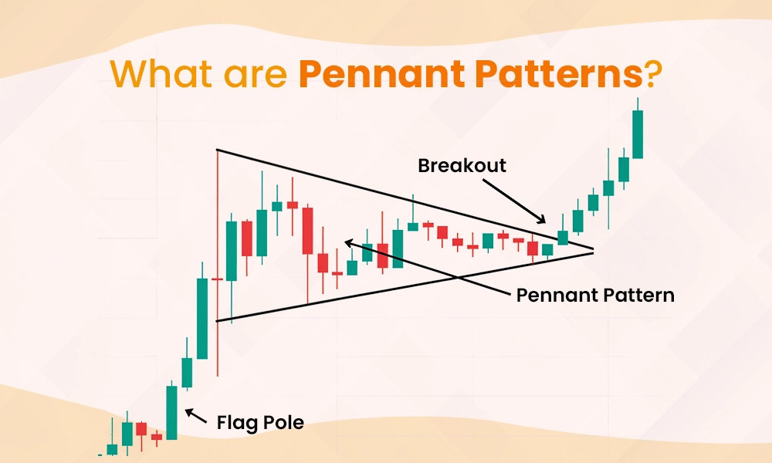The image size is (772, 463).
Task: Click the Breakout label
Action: pos(462,165)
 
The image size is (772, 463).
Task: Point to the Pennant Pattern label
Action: pos(595,295)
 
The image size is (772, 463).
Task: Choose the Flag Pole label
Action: pos(260,422)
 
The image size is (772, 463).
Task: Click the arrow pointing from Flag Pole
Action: pos(197,418)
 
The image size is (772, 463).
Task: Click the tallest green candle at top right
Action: pos(638,134)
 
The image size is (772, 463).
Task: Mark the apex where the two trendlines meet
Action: pos(594,250)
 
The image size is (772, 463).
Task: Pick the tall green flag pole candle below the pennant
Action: pos(202,318)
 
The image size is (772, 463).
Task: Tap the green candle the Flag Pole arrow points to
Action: pos(171,413)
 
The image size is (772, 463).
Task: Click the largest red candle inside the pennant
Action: pos(307,230)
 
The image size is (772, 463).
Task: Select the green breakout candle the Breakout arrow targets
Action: pos(562,238)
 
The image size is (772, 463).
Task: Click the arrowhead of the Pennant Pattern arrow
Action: pos(347,242)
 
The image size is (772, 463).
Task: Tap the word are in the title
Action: pos(252,76)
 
